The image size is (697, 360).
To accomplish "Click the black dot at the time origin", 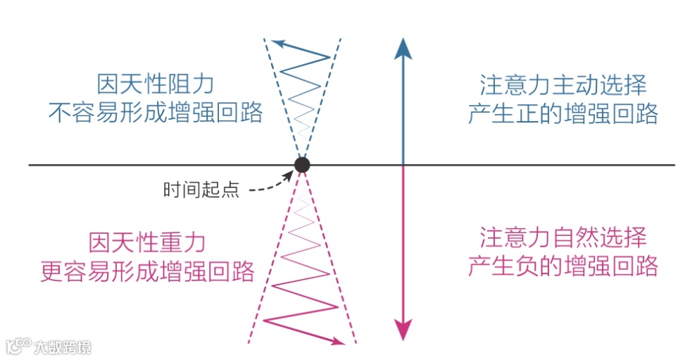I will coord(302,165).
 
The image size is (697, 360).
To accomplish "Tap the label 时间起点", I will coord(201,190).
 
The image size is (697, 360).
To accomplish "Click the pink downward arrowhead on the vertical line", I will coord(403,328).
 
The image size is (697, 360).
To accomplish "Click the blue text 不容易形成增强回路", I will coord(155,112).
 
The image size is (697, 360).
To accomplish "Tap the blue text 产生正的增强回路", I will coord(563,113).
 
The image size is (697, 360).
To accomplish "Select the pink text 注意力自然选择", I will coord(563,237).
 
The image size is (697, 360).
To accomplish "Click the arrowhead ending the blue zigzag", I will coord(279,44).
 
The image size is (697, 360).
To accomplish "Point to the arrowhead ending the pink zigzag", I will coord(337,342).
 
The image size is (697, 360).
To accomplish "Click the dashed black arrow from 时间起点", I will coord(271,185).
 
